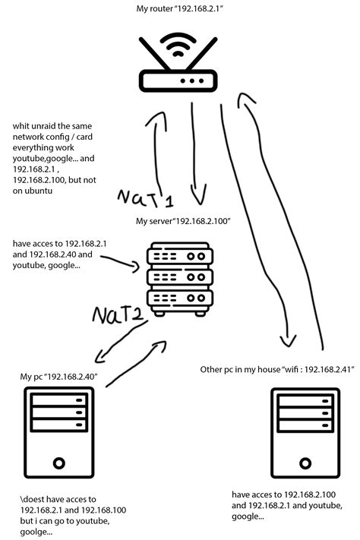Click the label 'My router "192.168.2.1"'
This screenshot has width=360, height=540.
[179, 9]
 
